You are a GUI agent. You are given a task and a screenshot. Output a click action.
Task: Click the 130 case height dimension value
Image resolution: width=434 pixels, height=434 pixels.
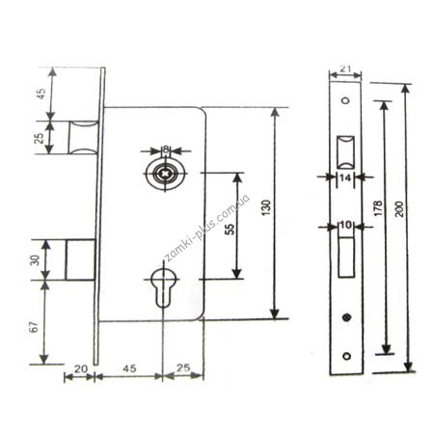click(266, 208)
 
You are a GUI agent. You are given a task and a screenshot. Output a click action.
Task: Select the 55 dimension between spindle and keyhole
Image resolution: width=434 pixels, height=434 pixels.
click(231, 229)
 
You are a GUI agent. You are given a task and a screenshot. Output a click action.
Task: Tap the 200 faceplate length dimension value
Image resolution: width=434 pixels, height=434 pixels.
click(399, 209)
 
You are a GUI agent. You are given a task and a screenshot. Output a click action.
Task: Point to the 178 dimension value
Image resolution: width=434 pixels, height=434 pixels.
click(378, 208)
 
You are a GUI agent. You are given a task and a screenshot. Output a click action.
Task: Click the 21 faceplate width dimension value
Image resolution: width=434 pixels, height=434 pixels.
click(345, 68)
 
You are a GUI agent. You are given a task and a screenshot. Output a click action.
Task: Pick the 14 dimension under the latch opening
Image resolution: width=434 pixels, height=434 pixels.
click(345, 177)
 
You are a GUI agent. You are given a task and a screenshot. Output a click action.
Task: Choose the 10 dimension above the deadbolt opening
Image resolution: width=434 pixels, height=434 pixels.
click(346, 225)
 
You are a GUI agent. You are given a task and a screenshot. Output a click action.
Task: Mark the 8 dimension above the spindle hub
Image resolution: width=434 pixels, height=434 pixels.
click(166, 149)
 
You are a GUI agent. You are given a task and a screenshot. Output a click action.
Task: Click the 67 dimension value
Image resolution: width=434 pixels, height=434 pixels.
click(35, 326)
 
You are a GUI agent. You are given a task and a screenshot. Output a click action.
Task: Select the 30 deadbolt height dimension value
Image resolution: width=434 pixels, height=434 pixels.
click(36, 259)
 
